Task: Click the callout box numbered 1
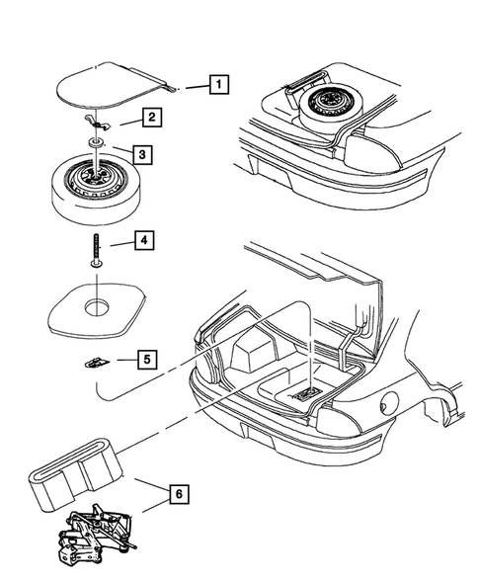pos(219,85)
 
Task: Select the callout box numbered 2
pos(152,118)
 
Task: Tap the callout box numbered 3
pos(142,154)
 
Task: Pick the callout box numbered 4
pos(144,240)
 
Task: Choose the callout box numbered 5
pos(147,360)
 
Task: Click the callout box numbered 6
pos(179,494)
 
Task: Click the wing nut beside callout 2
pos(98,124)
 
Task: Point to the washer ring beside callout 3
pos(97,142)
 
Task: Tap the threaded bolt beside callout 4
pos(97,250)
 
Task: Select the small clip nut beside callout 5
pos(97,362)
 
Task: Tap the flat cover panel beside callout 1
pos(112,84)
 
